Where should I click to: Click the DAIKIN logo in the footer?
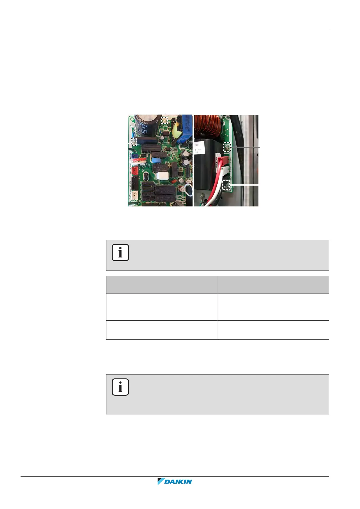[x=175, y=481]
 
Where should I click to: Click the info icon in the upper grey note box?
[x=120, y=252]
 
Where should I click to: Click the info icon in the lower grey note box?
[x=120, y=387]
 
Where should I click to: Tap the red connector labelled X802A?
[x=135, y=171]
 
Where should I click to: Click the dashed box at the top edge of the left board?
[x=164, y=120]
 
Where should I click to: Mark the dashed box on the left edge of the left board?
[x=133, y=141]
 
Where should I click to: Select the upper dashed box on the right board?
[x=226, y=147]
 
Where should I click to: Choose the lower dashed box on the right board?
[x=226, y=184]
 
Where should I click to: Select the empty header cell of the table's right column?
[x=273, y=284]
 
